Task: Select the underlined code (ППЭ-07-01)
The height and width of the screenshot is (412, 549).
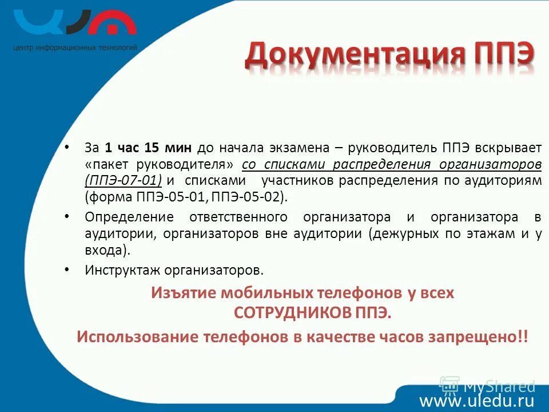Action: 123,181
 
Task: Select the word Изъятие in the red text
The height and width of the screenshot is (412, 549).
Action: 180,293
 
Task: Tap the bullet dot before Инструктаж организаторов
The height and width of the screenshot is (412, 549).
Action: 68,268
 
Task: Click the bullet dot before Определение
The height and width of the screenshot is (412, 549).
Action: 68,216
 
